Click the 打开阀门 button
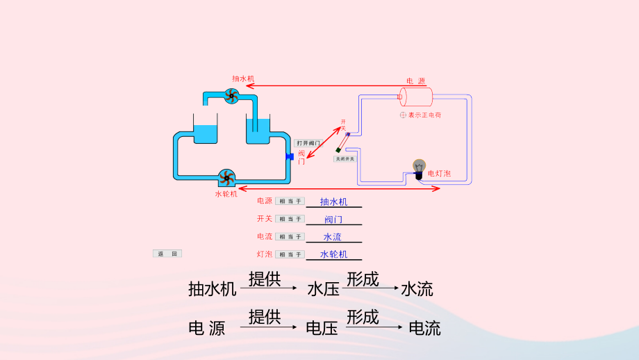click(x=308, y=142)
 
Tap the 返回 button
click(x=167, y=254)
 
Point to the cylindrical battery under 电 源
click(x=416, y=97)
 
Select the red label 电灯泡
click(x=439, y=173)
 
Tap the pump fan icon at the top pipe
click(x=232, y=97)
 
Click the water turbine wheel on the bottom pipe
click(x=225, y=177)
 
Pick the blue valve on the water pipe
click(x=289, y=156)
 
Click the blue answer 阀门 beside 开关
click(x=333, y=220)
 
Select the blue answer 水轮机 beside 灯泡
click(x=333, y=254)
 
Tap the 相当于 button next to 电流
click(x=290, y=236)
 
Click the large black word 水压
click(x=323, y=288)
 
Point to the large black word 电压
click(x=322, y=328)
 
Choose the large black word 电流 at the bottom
click(x=424, y=328)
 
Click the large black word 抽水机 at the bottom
click(x=212, y=288)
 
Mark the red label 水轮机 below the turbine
click(x=226, y=194)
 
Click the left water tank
click(x=205, y=131)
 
